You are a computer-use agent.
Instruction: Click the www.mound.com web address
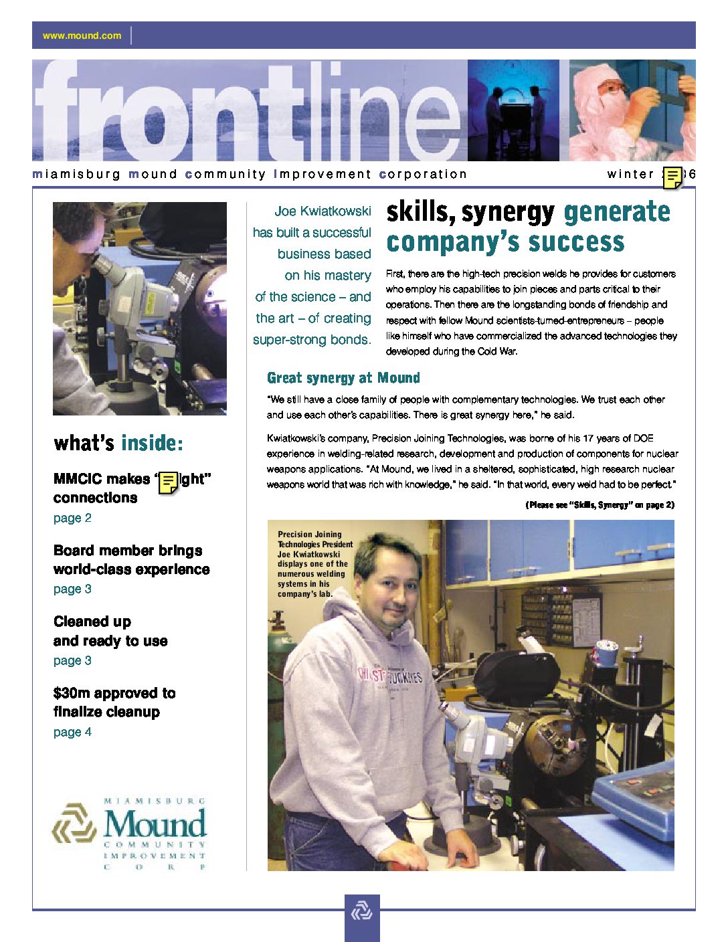click(82, 35)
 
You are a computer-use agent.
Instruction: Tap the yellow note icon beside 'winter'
click(672, 177)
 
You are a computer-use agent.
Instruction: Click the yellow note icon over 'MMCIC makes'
click(169, 482)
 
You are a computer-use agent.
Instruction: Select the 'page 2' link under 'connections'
click(72, 518)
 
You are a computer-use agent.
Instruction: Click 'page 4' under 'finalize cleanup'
click(72, 732)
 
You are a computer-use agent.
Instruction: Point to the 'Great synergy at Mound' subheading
click(343, 378)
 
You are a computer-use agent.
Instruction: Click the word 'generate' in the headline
click(616, 212)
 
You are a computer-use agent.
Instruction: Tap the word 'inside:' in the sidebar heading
click(152, 443)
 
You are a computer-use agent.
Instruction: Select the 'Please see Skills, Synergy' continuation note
click(600, 504)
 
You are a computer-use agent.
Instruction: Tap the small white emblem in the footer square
click(362, 911)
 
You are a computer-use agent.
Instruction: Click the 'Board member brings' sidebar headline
click(128, 551)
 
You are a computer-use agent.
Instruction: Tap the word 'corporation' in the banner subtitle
click(423, 175)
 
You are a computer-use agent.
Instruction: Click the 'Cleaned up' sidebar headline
click(92, 622)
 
